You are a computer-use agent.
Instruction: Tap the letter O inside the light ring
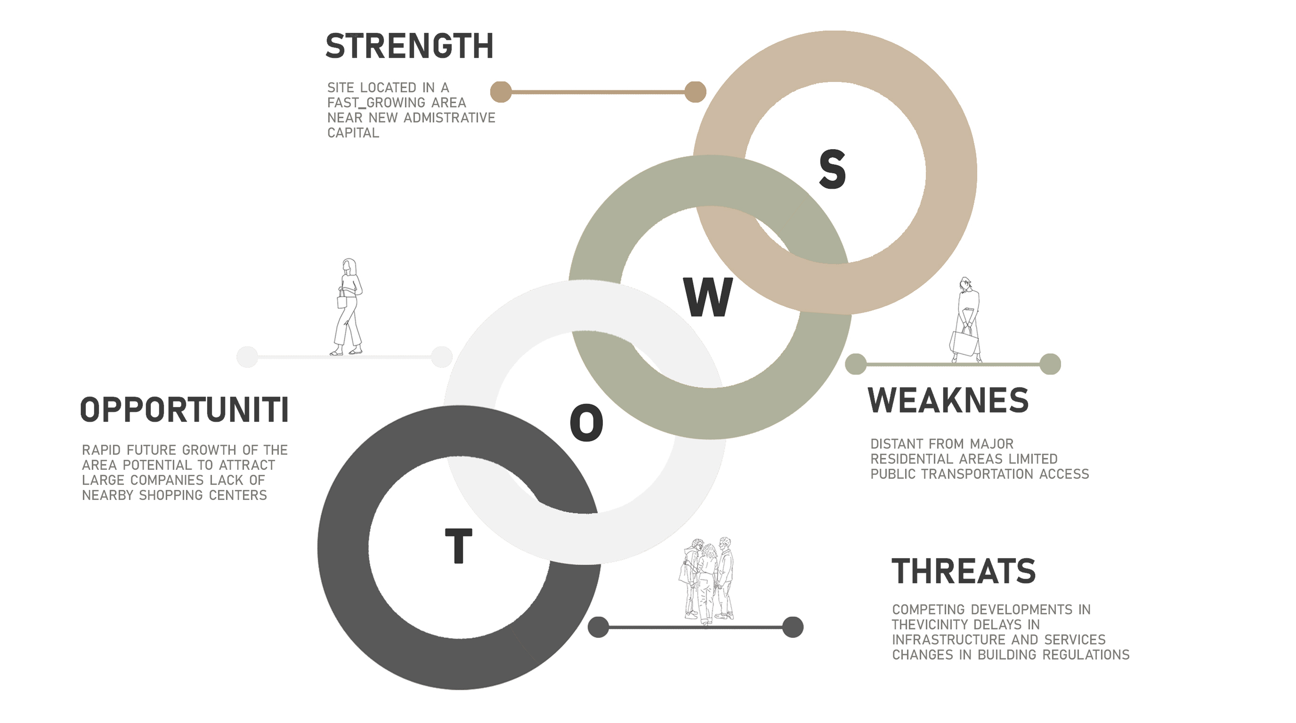click(x=587, y=423)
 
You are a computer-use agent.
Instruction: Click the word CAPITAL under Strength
click(x=353, y=133)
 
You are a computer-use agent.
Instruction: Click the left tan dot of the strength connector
click(x=501, y=92)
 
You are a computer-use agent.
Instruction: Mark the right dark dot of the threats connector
click(x=793, y=627)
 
